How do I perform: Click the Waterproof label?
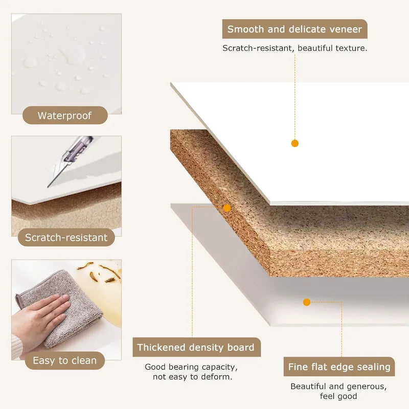click(x=65, y=116)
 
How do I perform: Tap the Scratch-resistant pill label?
click(x=66, y=237)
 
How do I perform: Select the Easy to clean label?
click(x=65, y=360)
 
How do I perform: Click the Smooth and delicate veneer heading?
click(x=295, y=29)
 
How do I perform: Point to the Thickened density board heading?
click(x=196, y=347)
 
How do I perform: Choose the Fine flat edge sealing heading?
click(x=339, y=367)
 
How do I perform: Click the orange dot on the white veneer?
click(x=295, y=143)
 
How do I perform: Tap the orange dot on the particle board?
click(x=227, y=208)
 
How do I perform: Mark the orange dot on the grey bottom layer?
click(x=307, y=302)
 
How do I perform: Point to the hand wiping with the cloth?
click(x=39, y=317)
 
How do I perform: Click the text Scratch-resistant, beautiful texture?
click(x=295, y=48)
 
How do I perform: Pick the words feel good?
click(x=338, y=396)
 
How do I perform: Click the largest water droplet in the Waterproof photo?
click(x=74, y=55)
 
